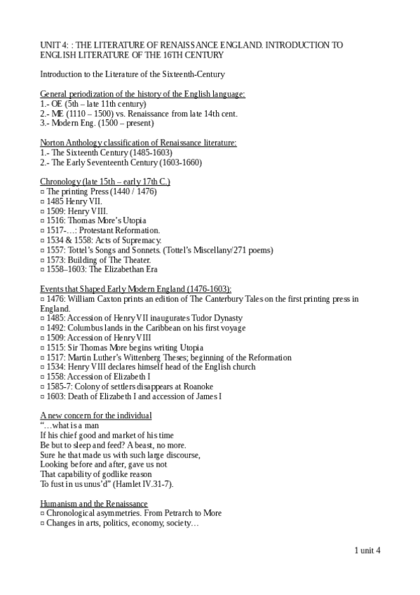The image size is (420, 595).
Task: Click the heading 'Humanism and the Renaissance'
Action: click(94, 504)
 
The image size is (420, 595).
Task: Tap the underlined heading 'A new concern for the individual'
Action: click(96, 415)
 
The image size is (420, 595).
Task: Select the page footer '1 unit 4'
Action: click(367, 551)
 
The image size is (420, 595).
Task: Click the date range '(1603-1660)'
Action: click(177, 162)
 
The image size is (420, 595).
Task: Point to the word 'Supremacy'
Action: click(141, 241)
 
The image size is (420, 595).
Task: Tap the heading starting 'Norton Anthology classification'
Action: click(138, 142)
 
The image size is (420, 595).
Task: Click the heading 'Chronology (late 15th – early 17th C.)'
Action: click(105, 182)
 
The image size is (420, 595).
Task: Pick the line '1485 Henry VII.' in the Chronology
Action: click(72, 201)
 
